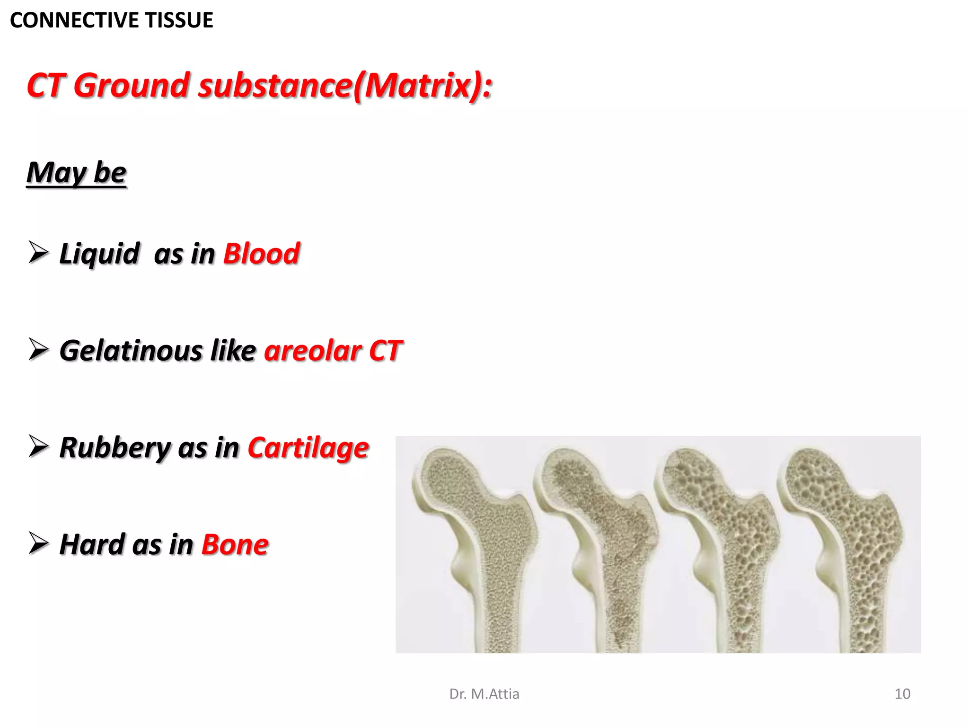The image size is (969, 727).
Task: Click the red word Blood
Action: (261, 254)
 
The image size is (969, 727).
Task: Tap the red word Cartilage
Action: (308, 448)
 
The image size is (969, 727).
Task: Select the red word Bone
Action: (235, 544)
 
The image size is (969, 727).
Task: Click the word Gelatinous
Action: (131, 351)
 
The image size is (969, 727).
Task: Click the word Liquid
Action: (99, 254)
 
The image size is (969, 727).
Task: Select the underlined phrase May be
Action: (76, 172)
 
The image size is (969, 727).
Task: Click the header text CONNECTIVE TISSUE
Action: (112, 20)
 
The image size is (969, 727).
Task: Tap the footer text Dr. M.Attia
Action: (484, 694)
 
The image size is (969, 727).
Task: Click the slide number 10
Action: (902, 694)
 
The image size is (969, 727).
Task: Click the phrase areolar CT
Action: (333, 351)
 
